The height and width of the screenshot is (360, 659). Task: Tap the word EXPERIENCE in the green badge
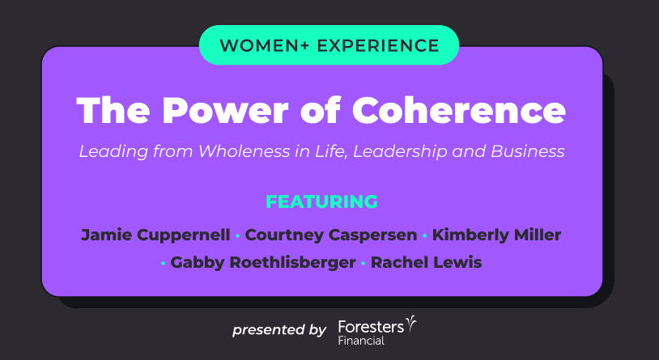pos(378,45)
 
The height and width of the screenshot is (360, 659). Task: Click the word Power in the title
pos(229,110)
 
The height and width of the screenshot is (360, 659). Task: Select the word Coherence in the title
pos(459,110)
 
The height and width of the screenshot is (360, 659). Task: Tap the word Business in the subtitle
pos(528,151)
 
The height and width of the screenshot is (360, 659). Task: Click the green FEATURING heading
pos(322,202)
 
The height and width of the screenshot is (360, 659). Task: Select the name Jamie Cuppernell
pos(155,235)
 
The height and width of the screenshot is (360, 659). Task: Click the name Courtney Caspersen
pos(331,235)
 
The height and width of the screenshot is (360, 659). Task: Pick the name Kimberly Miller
pos(497,235)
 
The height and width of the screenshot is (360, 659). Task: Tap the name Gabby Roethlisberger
pos(263,263)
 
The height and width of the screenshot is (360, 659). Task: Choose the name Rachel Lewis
pos(426,263)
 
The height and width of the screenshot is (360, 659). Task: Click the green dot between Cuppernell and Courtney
pos(237,236)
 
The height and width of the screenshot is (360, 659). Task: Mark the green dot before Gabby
pos(163,264)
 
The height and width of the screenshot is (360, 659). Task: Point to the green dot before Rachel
pos(364,264)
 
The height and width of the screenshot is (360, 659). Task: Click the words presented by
pos(279,330)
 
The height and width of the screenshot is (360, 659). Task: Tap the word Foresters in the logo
pos(371,327)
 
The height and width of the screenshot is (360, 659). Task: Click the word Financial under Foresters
pos(361,341)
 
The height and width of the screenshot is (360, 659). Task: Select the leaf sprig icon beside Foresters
pos(411,324)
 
